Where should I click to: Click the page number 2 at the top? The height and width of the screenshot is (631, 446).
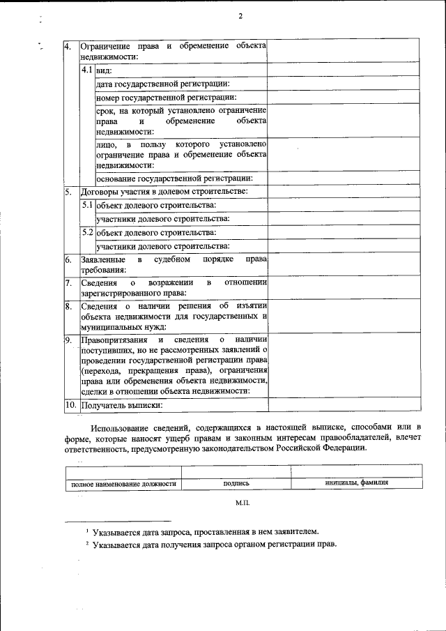[x=240, y=15]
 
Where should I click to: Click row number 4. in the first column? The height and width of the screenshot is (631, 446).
[x=68, y=46]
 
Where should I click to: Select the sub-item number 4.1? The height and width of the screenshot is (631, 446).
[x=87, y=70]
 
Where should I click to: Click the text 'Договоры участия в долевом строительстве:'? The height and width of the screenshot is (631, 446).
[x=164, y=191]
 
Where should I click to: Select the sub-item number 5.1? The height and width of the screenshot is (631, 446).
[x=87, y=205]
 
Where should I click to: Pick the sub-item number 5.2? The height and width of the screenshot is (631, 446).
[x=87, y=232]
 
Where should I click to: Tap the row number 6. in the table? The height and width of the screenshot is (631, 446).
[x=68, y=259]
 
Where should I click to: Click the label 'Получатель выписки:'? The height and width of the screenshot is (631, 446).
[x=122, y=404]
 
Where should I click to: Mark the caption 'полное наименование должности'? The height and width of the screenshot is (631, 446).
[x=122, y=483]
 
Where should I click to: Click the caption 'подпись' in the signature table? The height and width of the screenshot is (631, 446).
[x=236, y=483]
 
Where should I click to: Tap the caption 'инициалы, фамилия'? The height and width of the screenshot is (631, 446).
[x=356, y=482]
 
